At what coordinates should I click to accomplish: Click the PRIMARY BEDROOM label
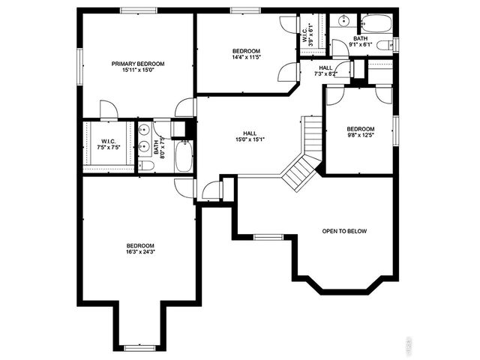click(x=138, y=64)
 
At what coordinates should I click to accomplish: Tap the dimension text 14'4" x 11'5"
click(x=246, y=57)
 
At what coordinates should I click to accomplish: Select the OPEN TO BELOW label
click(x=344, y=231)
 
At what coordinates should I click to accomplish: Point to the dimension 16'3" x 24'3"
click(x=140, y=253)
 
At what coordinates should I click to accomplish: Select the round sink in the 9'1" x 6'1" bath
click(x=340, y=19)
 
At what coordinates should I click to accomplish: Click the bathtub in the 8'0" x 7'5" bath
click(x=184, y=155)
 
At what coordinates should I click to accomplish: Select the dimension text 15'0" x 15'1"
click(x=250, y=139)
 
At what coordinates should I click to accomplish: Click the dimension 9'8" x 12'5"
click(x=361, y=136)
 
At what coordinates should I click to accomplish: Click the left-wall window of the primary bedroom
click(x=79, y=63)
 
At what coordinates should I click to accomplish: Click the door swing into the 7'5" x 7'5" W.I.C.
click(x=109, y=111)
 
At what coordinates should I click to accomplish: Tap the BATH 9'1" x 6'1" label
click(x=361, y=41)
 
